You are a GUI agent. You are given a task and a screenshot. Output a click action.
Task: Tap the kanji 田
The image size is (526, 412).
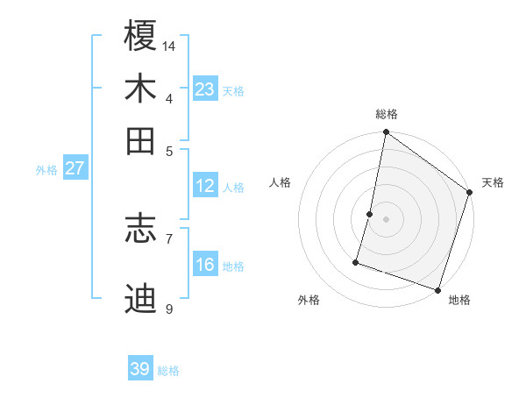click(x=141, y=140)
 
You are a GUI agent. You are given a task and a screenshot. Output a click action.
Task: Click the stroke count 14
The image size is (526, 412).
click(x=169, y=46)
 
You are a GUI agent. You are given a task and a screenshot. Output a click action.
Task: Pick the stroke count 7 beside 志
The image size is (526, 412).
click(x=169, y=238)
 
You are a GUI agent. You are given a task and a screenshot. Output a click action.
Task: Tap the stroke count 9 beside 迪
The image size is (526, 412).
click(x=169, y=309)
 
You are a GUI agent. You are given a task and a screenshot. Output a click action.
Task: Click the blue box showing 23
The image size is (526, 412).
click(x=205, y=89)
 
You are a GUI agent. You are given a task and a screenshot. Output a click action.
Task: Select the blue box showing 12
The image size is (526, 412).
click(x=205, y=186)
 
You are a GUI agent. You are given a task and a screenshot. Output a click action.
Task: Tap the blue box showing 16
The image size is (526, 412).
click(x=205, y=265)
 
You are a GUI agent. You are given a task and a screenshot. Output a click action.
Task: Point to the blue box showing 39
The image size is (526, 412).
click(x=140, y=369)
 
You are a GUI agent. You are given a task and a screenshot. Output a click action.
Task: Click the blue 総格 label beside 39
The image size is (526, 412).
click(x=168, y=371)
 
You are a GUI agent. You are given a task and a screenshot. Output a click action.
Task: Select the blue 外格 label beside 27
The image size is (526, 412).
click(x=46, y=170)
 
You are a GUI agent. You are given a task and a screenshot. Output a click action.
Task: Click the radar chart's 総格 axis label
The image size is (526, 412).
click(x=386, y=114)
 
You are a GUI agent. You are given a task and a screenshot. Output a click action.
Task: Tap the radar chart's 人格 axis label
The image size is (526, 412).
click(x=281, y=182)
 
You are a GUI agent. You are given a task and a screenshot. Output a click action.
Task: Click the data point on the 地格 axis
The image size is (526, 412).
click(x=437, y=289)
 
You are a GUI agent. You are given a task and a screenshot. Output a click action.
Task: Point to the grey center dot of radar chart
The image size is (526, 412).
click(x=386, y=219)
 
